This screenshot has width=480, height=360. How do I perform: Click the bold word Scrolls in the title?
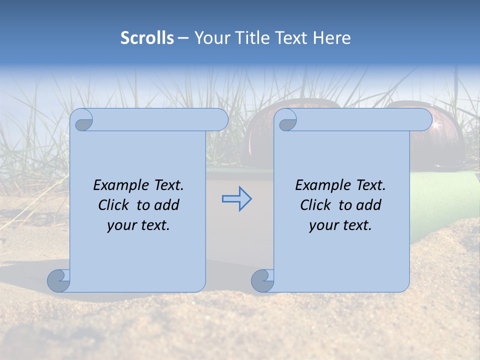147,37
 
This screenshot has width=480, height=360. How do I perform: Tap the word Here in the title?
331,37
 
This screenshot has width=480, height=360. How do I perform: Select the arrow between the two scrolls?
237,199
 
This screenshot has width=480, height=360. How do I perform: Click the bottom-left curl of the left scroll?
59,280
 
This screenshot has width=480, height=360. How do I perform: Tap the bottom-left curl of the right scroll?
262,280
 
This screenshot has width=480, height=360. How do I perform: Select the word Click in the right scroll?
316,205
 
